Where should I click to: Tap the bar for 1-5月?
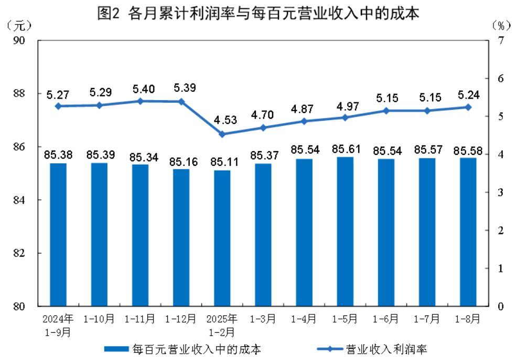tap(345, 231)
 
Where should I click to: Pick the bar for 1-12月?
tap(181, 237)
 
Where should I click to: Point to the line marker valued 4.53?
tap(222, 134)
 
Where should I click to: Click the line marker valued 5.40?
tap(140, 101)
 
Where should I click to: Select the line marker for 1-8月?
tap(468, 107)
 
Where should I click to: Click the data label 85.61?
tap(345, 149)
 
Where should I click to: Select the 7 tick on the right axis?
tap(501, 40)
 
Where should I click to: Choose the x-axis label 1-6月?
tap(386, 319)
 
